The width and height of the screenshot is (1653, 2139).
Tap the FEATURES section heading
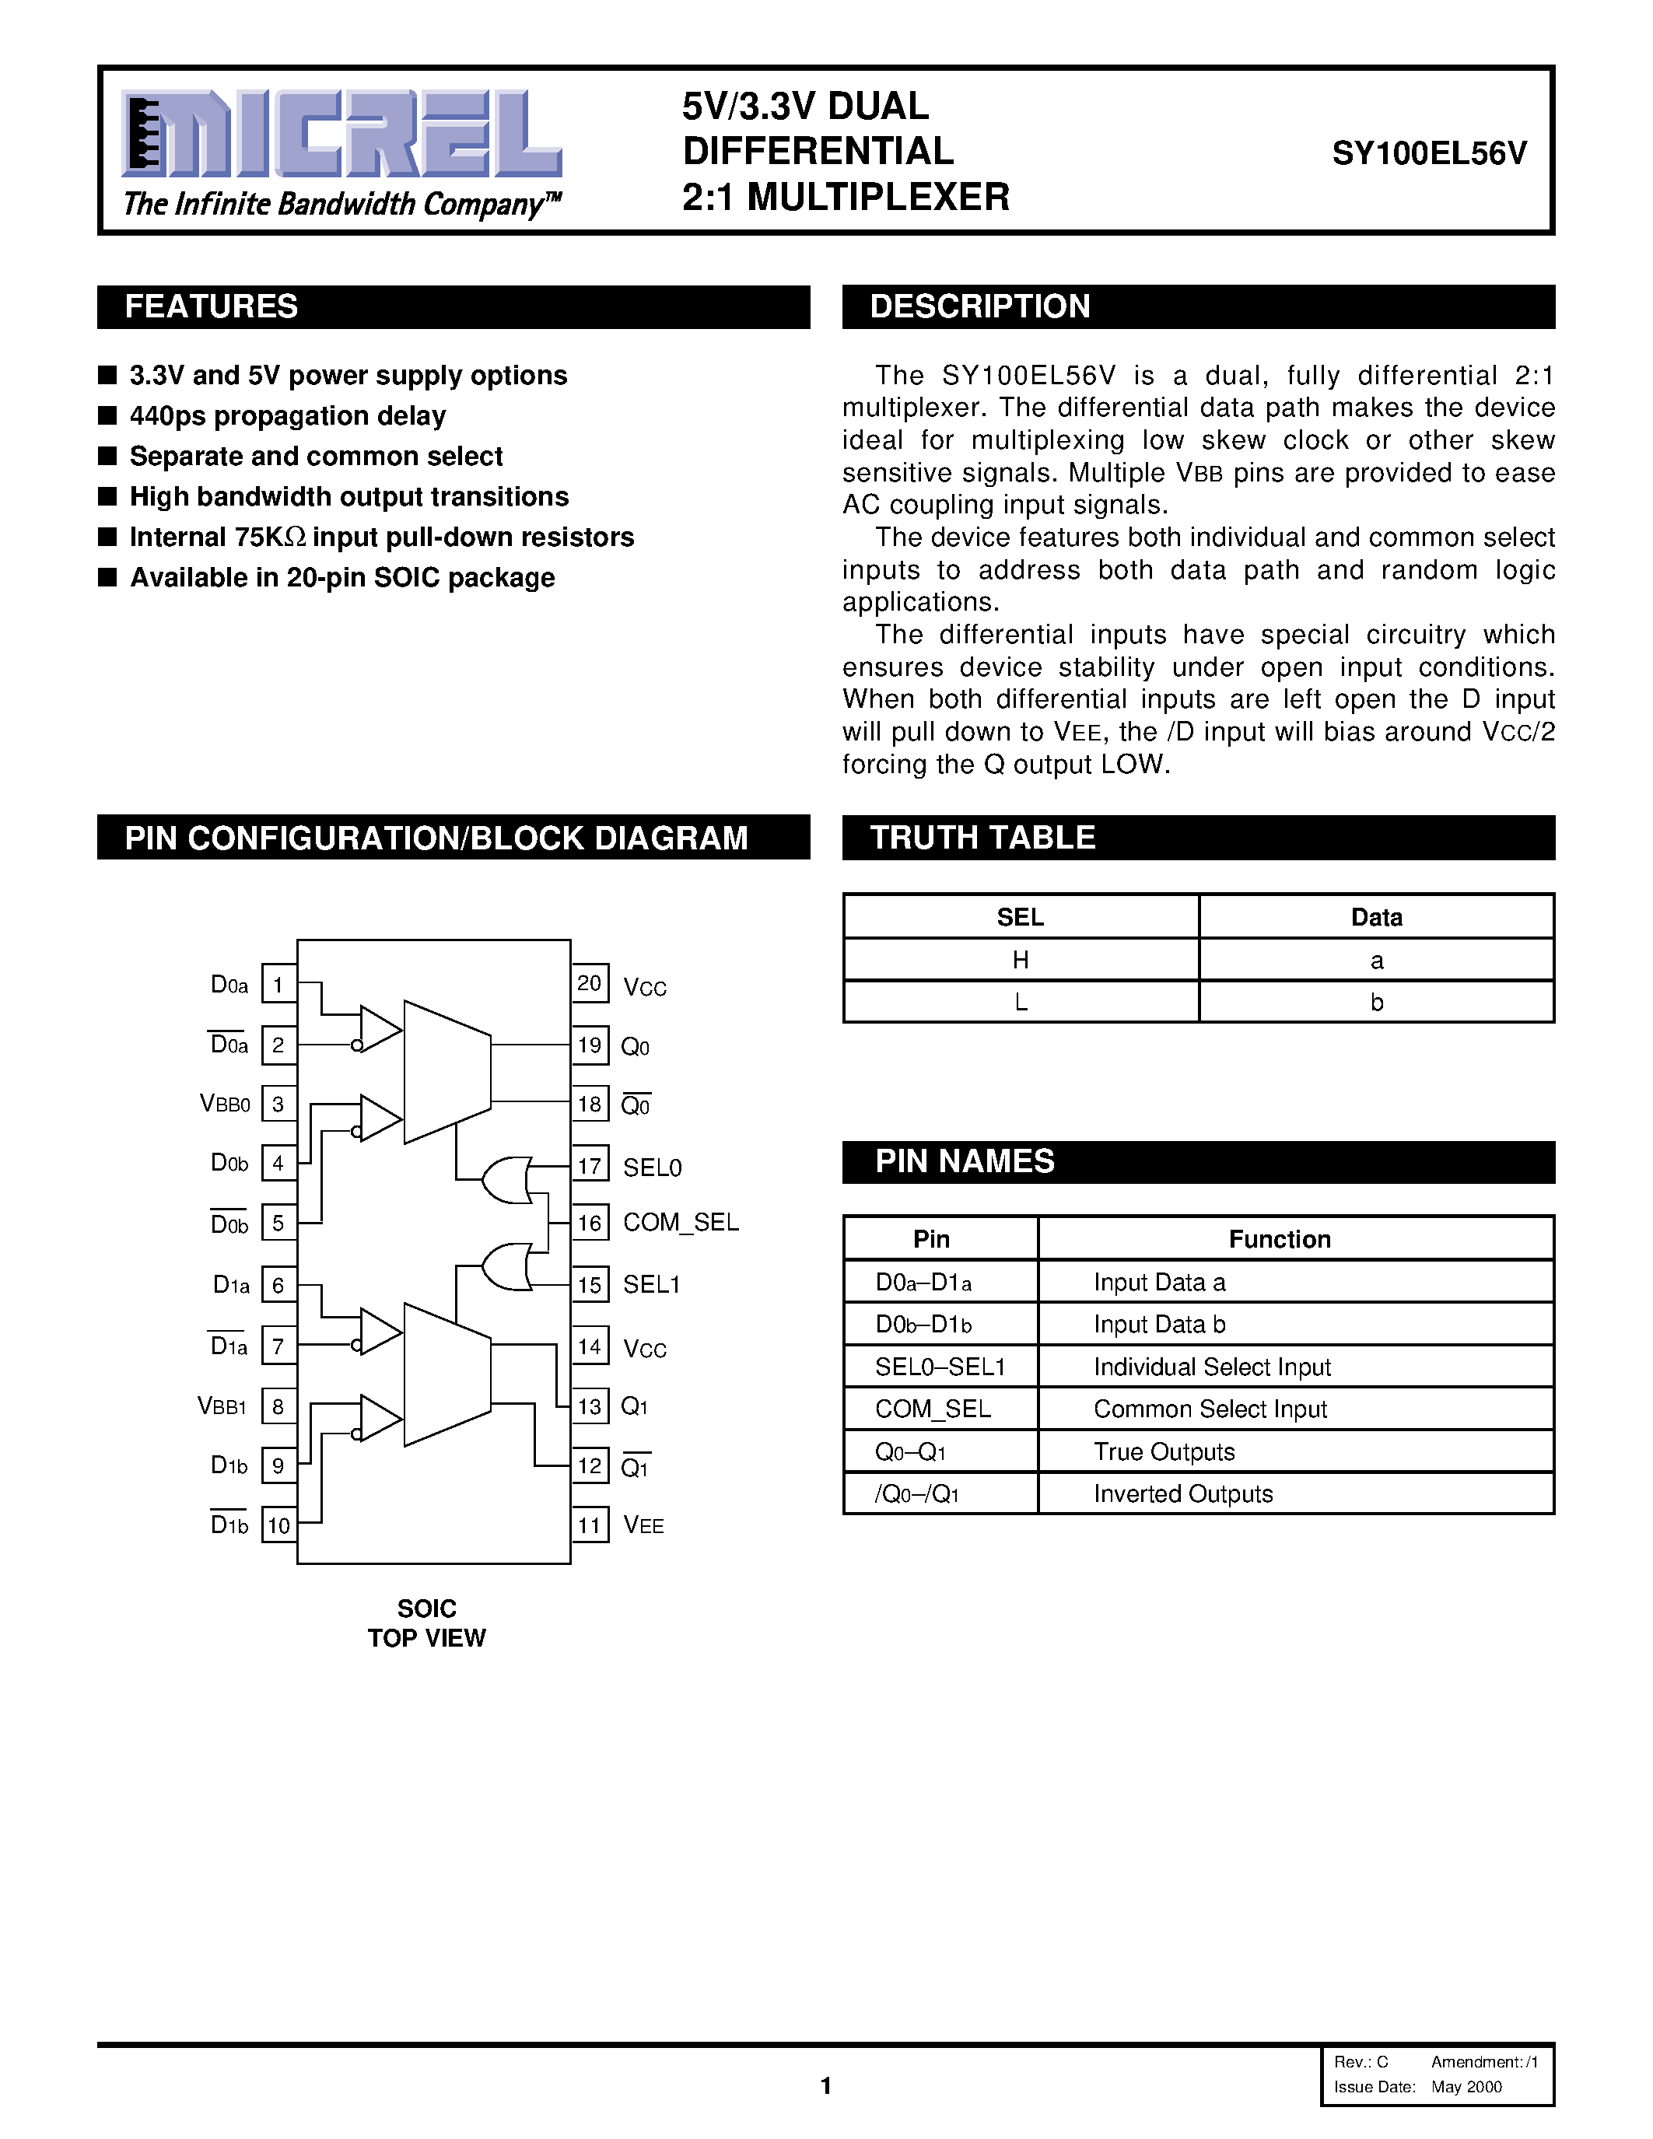click(212, 306)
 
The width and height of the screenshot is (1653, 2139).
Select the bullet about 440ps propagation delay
click(288, 416)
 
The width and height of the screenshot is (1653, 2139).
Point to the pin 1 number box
click(279, 984)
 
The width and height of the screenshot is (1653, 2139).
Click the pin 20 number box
click(590, 983)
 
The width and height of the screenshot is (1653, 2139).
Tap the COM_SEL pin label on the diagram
click(681, 1222)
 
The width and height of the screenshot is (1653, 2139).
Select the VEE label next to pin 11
click(643, 1525)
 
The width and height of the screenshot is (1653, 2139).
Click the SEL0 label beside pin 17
click(652, 1168)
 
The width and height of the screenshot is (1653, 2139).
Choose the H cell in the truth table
click(1021, 960)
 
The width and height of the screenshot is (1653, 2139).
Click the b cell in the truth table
click(1376, 1002)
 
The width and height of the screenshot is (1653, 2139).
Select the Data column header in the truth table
click(1376, 917)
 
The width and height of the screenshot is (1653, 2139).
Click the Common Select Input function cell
click(1210, 1409)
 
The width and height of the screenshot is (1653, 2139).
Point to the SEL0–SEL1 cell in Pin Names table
click(940, 1367)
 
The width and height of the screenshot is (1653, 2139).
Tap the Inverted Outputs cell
click(1183, 1493)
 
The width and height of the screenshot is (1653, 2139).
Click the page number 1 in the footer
click(825, 2085)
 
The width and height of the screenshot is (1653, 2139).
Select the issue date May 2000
click(1466, 2086)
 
